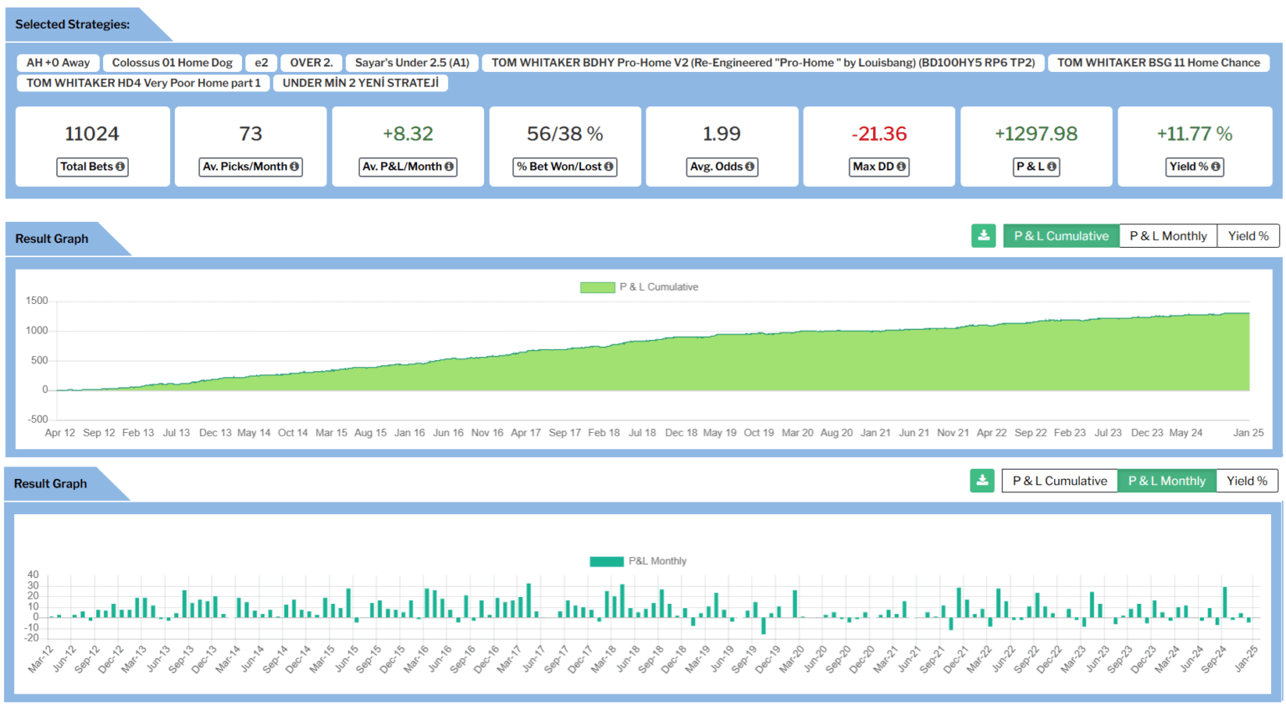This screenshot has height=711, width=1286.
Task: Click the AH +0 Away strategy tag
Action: coord(58,63)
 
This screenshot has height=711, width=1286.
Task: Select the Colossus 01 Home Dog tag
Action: coord(172,63)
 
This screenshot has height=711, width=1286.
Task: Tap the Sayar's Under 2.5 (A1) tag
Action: coord(412,63)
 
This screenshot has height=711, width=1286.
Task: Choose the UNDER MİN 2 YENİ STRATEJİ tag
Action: coord(360,83)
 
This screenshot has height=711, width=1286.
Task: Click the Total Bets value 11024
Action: coord(92,134)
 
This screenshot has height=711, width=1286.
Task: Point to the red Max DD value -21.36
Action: coord(878,134)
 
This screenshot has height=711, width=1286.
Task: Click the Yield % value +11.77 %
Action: coord(1194,134)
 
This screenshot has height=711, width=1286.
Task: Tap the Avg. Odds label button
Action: coord(722,167)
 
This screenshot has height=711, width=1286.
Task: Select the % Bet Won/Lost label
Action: coord(565,167)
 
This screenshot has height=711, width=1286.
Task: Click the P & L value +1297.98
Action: coord(1036,134)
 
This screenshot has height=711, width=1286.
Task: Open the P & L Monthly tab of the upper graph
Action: coord(1168,236)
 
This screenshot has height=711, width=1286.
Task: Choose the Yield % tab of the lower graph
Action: coord(1247,481)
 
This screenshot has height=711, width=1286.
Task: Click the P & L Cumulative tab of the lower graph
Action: coord(1059,481)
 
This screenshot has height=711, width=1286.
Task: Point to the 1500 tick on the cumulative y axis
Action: coord(37,301)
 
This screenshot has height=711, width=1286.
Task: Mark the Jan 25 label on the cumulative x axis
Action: coord(1248,433)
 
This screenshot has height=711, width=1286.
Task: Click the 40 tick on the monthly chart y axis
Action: coord(33,575)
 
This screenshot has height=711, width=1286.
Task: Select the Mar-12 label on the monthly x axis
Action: coord(41,659)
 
